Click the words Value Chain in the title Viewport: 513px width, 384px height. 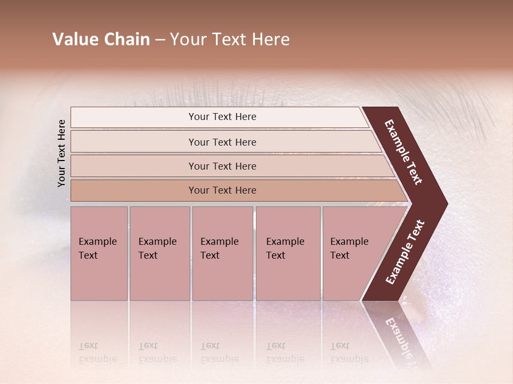(x=101, y=39)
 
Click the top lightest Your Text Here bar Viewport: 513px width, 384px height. (x=222, y=117)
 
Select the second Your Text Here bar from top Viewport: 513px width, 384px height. (x=222, y=142)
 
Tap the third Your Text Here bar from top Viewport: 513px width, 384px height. (x=222, y=166)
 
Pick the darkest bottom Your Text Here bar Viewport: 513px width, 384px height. (x=222, y=190)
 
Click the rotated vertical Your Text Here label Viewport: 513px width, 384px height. (x=61, y=153)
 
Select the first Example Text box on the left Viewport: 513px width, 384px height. (x=99, y=253)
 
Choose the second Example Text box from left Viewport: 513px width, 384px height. (x=159, y=253)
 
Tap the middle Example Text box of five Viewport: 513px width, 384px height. (x=222, y=253)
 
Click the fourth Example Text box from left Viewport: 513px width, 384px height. (x=288, y=253)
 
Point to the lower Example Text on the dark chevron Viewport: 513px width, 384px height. (x=405, y=252)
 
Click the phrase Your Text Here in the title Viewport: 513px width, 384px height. (x=230, y=39)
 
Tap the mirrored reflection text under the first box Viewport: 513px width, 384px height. (x=97, y=353)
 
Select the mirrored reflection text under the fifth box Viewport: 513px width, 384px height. (x=349, y=353)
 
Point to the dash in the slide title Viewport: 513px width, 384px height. (x=160, y=39)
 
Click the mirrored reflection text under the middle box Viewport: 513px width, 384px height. (x=219, y=353)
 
